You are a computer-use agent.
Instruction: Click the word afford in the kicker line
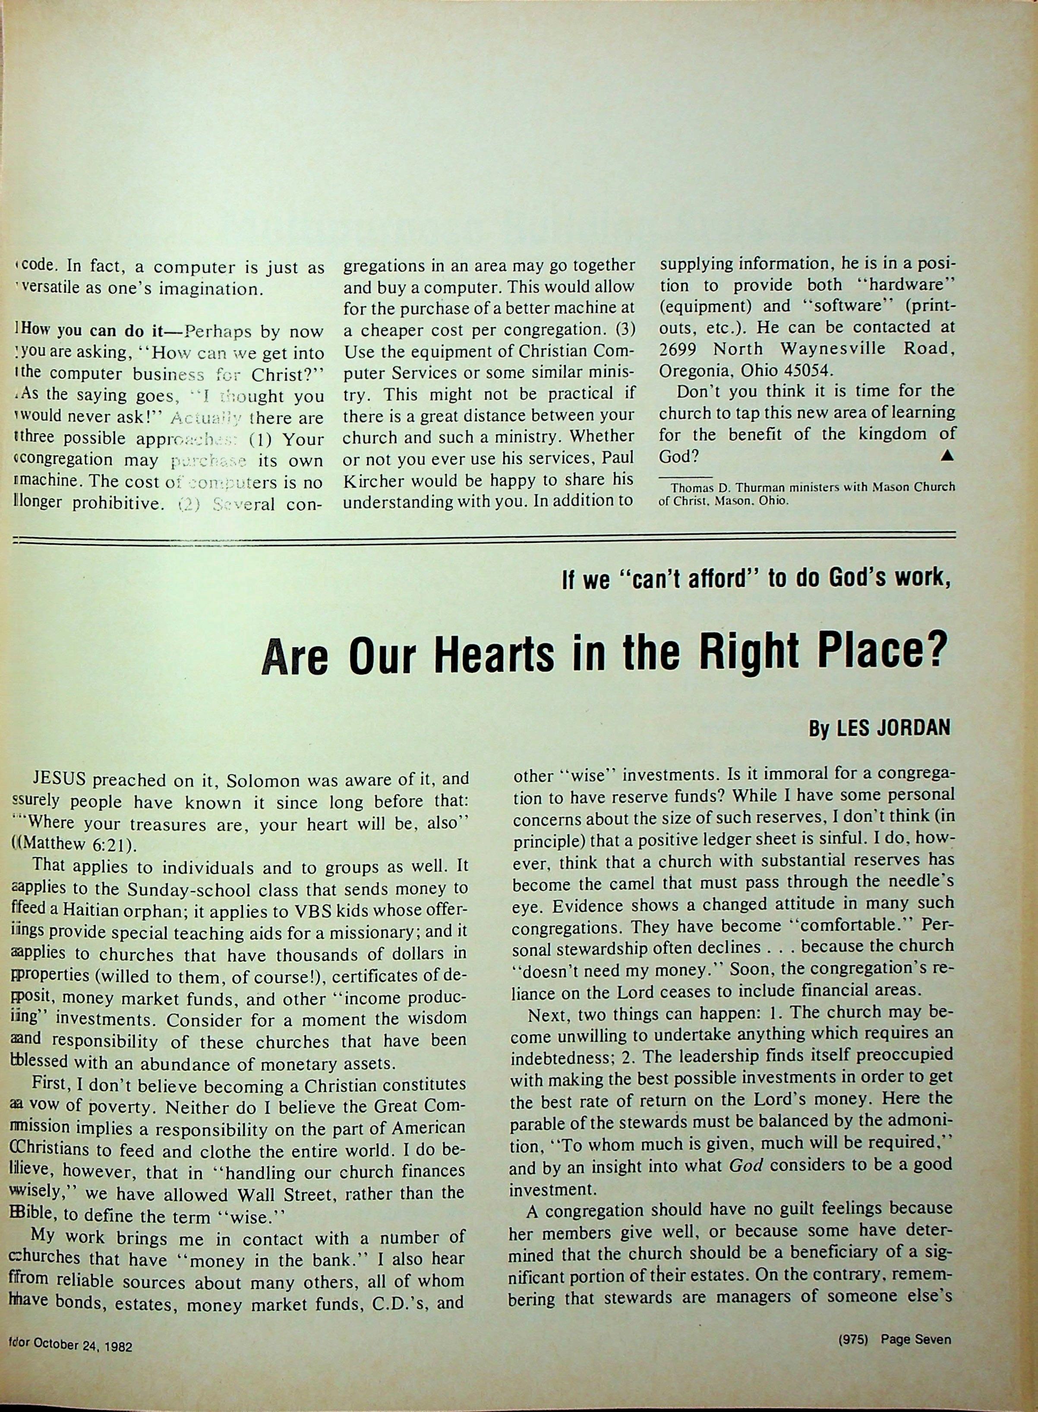click(692, 579)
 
